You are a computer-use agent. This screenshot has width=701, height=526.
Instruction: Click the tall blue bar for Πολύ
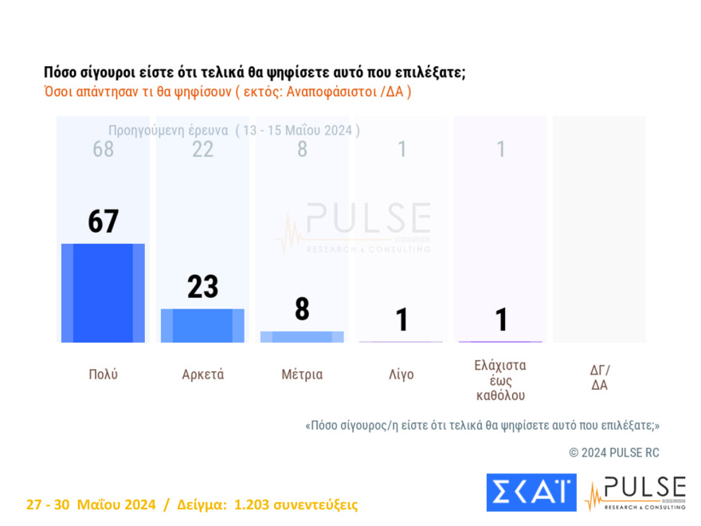coord(103,293)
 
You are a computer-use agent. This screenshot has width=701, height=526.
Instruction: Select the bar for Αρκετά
coord(202,326)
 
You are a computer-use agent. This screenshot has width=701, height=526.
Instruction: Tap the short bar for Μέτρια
coord(302,337)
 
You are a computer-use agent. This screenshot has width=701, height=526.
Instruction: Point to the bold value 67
coord(104,222)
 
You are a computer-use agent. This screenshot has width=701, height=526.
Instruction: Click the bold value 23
coord(202,287)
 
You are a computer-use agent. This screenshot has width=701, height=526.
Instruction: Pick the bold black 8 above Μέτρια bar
coord(302,310)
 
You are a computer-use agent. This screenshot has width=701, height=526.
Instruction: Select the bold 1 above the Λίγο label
coord(401,320)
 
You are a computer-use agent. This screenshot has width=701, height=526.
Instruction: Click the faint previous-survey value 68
coord(104,149)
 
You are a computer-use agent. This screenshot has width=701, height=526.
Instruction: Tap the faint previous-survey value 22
coord(202,149)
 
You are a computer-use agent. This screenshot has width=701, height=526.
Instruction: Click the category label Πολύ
coord(103,375)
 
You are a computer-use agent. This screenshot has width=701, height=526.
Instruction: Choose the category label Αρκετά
coord(202,375)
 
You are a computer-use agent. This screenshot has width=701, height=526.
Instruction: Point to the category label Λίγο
coord(401,375)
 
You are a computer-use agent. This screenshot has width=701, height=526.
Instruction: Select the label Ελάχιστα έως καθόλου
coord(500,380)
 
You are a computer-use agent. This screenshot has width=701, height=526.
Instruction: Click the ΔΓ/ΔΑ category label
coord(600,377)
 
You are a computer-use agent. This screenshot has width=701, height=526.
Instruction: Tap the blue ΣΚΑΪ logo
coord(531,493)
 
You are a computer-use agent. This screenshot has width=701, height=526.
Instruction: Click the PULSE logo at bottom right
coord(635,493)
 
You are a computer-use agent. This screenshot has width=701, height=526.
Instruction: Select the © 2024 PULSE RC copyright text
coord(613,453)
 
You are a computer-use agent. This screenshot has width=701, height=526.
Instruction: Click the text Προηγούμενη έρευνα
coord(168,130)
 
